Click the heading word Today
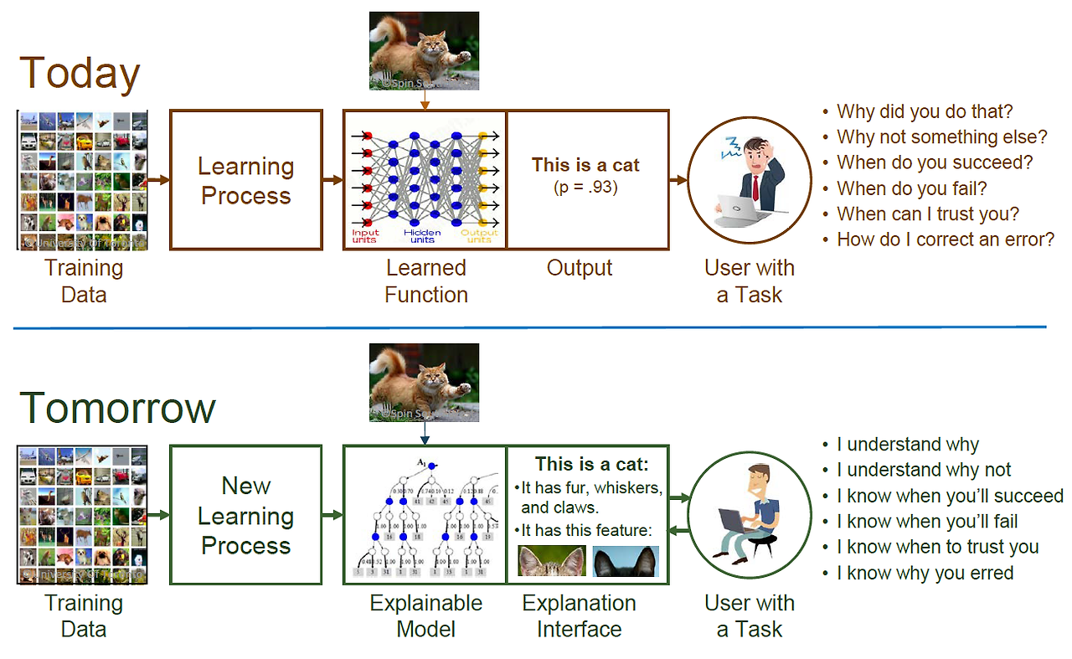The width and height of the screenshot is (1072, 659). (x=80, y=74)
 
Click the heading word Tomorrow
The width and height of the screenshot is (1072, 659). (x=117, y=408)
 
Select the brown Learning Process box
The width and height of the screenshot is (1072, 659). (x=246, y=180)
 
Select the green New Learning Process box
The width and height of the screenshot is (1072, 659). (x=246, y=515)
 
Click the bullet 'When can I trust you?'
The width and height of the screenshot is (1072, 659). (x=928, y=214)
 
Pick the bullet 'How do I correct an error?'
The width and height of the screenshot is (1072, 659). (x=946, y=239)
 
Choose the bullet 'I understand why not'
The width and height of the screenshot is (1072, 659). (x=924, y=470)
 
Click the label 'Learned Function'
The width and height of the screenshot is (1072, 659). (x=426, y=281)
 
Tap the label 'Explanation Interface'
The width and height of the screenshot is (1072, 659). (x=579, y=615)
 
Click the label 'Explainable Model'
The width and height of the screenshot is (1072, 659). (x=426, y=615)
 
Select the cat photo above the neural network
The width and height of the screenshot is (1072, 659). (x=425, y=50)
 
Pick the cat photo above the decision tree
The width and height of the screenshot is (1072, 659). (x=425, y=382)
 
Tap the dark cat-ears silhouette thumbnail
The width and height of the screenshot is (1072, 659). (x=626, y=561)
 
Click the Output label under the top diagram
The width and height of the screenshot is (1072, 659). (x=580, y=268)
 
